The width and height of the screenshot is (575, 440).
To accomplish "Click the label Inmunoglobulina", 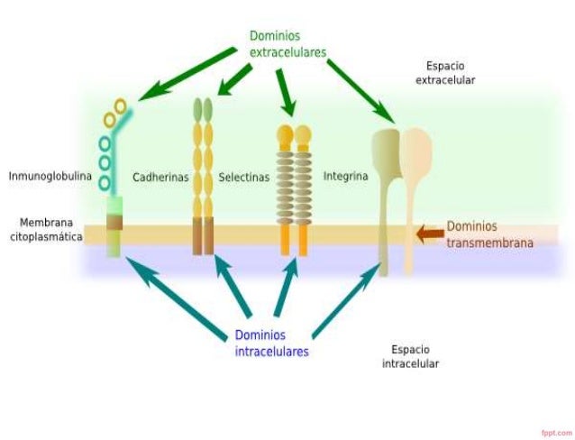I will click(x=50, y=177).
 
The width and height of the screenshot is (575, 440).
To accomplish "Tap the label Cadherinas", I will click(x=160, y=178).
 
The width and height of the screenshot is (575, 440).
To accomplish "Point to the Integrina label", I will click(x=345, y=177).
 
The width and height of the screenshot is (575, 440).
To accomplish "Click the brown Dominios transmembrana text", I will click(x=490, y=234).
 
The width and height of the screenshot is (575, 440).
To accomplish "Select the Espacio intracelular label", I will click(x=415, y=356).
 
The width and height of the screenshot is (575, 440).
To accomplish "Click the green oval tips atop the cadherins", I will click(x=203, y=109).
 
